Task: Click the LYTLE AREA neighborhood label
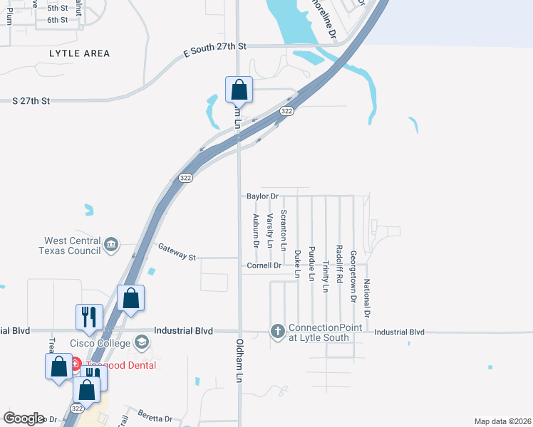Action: pyautogui.click(x=80, y=53)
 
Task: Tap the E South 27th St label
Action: pyautogui.click(x=214, y=46)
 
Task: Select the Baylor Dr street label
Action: pyautogui.click(x=262, y=196)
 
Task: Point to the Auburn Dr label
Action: pyautogui.click(x=255, y=231)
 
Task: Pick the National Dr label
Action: pyautogui.click(x=367, y=299)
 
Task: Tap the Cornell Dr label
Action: pyautogui.click(x=264, y=265)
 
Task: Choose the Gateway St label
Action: pyautogui.click(x=177, y=251)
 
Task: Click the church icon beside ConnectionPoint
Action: pyautogui.click(x=277, y=331)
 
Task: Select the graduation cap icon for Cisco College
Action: pyautogui.click(x=142, y=344)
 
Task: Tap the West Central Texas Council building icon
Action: pyautogui.click(x=110, y=246)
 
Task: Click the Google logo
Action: pyautogui.click(x=24, y=418)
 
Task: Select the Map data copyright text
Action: pyautogui.click(x=502, y=421)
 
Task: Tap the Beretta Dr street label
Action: pyautogui.click(x=156, y=418)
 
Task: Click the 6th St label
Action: pyautogui.click(x=58, y=19)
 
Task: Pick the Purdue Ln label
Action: pyautogui.click(x=311, y=264)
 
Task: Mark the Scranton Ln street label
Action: pyautogui.click(x=284, y=231)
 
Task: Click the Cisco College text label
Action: pyautogui.click(x=100, y=344)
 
